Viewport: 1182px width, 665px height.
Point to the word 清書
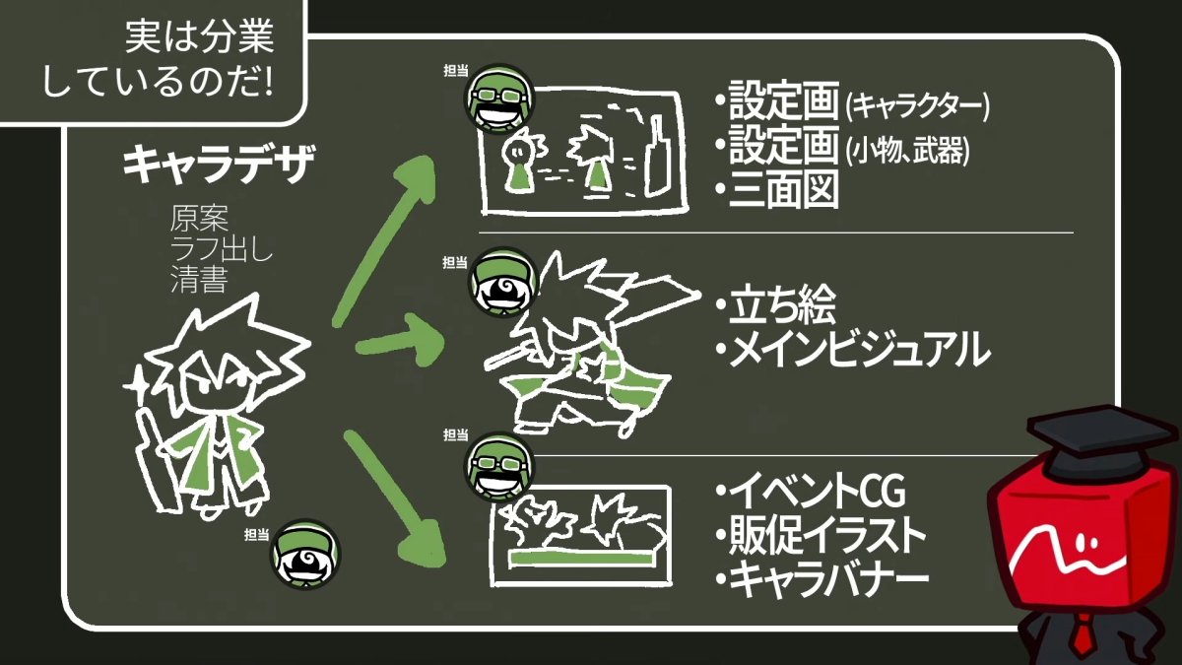click(x=200, y=281)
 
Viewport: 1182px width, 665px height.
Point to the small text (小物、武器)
click(x=907, y=150)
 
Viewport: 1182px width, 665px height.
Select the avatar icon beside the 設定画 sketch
click(x=499, y=99)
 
